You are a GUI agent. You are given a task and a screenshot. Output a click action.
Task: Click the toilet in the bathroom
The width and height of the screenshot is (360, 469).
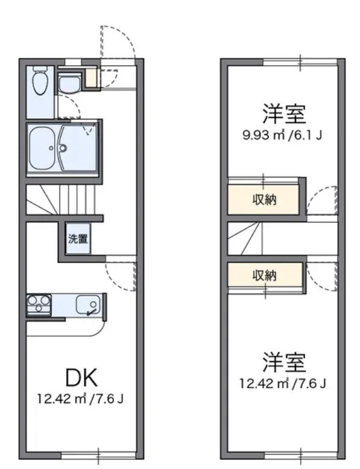[40, 80]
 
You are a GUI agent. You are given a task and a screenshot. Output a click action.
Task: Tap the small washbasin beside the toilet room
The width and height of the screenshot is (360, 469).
[69, 84]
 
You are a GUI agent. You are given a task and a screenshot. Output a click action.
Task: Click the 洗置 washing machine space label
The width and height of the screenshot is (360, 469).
[78, 239]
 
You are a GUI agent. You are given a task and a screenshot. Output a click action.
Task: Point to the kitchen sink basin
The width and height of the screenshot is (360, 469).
[88, 304]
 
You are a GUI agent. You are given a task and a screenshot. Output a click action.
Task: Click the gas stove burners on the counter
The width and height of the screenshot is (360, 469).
[39, 304]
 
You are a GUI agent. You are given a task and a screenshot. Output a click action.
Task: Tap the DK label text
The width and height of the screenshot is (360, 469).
[81, 378]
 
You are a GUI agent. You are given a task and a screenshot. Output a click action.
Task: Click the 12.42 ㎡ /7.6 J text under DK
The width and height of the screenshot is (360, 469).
[80, 399]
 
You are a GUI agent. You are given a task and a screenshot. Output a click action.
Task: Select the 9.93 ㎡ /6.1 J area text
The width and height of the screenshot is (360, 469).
[282, 135]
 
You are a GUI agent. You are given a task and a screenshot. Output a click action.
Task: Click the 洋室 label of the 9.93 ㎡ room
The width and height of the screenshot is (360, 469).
[284, 114]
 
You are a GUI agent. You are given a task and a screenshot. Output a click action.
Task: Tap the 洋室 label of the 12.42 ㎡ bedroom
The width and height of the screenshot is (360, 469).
[284, 362]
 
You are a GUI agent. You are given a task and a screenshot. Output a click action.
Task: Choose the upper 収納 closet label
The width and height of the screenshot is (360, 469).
[264, 200]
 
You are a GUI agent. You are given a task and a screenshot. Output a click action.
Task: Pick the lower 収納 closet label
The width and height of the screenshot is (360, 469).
[264, 275]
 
